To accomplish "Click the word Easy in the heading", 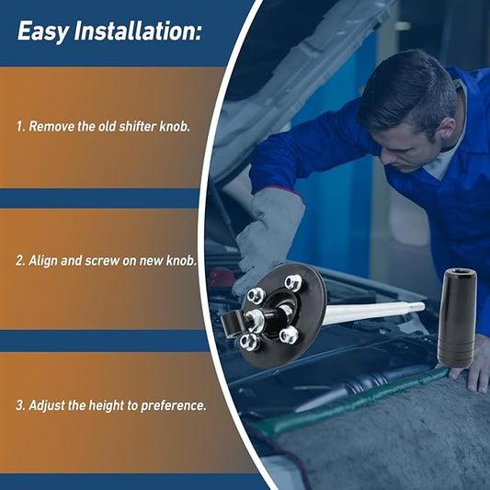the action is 43,31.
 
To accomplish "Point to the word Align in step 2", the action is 42,261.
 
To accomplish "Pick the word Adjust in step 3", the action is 46,405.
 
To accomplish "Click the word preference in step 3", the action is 172,406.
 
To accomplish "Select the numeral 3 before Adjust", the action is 19,405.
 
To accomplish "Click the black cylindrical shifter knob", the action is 457,317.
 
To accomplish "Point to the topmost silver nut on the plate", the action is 294,282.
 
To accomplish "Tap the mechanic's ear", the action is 447,128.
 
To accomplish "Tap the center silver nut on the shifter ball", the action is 255,320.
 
